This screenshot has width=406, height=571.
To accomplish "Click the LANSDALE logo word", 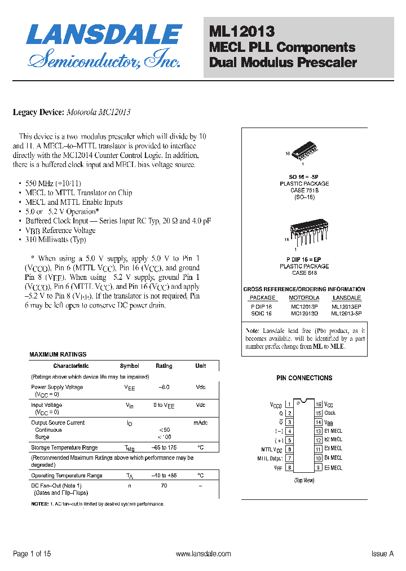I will tap(104, 35).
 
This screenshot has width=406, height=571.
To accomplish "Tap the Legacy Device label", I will tap(38, 112).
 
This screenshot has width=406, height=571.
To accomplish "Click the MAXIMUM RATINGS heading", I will tap(58, 354).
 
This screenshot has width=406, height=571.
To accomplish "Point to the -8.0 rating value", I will tap(164, 387).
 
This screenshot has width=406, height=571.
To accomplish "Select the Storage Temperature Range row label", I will tap(64, 447).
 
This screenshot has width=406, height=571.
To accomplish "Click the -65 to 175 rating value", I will tap(164, 447).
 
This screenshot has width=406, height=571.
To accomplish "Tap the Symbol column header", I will tap(130, 366).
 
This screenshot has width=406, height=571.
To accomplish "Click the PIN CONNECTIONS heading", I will tap(304, 378).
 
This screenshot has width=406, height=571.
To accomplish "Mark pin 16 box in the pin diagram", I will tap(318, 405).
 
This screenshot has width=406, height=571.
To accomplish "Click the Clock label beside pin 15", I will tap(330, 414).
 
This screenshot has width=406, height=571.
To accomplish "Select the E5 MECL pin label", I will tap(333, 468).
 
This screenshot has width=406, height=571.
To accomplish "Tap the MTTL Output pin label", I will tap(270, 459).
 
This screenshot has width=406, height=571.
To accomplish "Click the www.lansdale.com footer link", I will tap(204, 554).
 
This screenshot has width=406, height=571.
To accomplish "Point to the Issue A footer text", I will tap(382, 554).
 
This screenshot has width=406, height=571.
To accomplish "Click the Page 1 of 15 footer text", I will tap(32, 554).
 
